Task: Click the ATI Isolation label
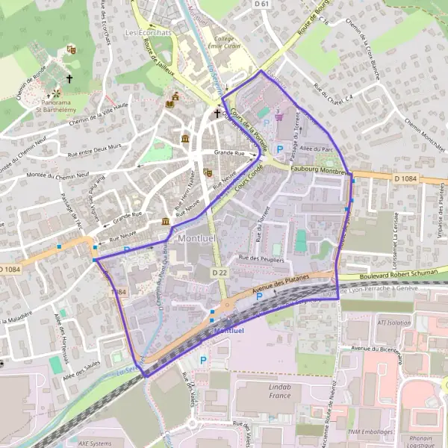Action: click(x=394, y=323)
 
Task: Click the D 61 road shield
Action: click(x=261, y=4)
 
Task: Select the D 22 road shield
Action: click(x=219, y=273)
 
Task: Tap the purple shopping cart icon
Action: click(x=279, y=116)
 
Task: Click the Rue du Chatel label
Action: click(x=333, y=93)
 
